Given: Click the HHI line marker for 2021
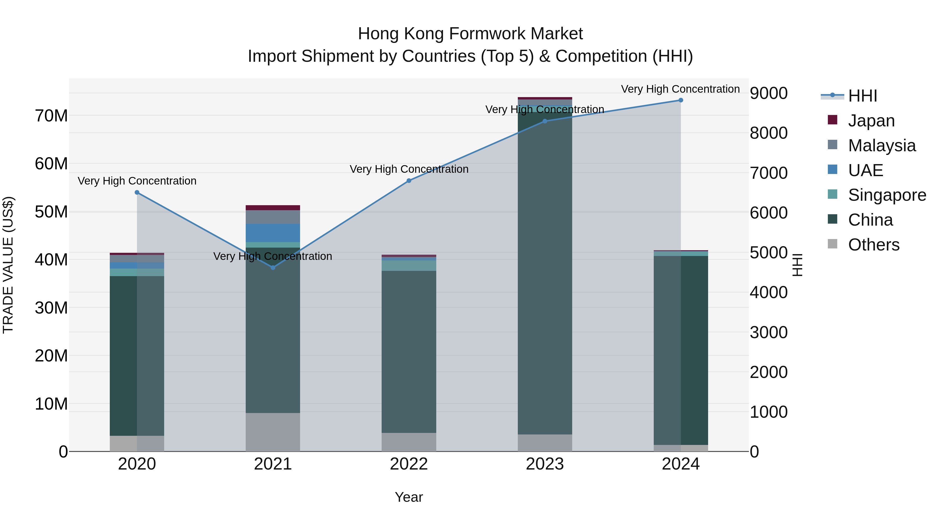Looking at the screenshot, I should coord(273,268).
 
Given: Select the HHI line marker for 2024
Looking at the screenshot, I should coord(681,100).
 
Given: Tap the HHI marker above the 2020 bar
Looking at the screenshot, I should coord(137,192).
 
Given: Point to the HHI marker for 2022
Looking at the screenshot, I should coord(409,181).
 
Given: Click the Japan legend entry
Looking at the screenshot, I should coord(871,121).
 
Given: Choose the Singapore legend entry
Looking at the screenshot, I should coord(887,195).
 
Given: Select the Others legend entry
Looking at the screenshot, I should coord(873,245).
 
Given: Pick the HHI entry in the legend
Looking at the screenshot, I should coord(862,96).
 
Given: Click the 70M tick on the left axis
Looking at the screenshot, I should coord(51,116).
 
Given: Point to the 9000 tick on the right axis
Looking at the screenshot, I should coord(768,93).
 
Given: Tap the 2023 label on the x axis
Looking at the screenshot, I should coord(545,464).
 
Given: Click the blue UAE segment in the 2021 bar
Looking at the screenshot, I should coord(273,233).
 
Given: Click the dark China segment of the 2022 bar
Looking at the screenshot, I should coord(409,351).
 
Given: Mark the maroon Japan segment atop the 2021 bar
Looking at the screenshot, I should coord(273,208).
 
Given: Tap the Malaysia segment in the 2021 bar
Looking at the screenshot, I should coord(273,217).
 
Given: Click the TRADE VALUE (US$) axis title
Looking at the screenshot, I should coord(8,265).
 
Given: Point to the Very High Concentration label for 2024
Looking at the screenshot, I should coord(680,89).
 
